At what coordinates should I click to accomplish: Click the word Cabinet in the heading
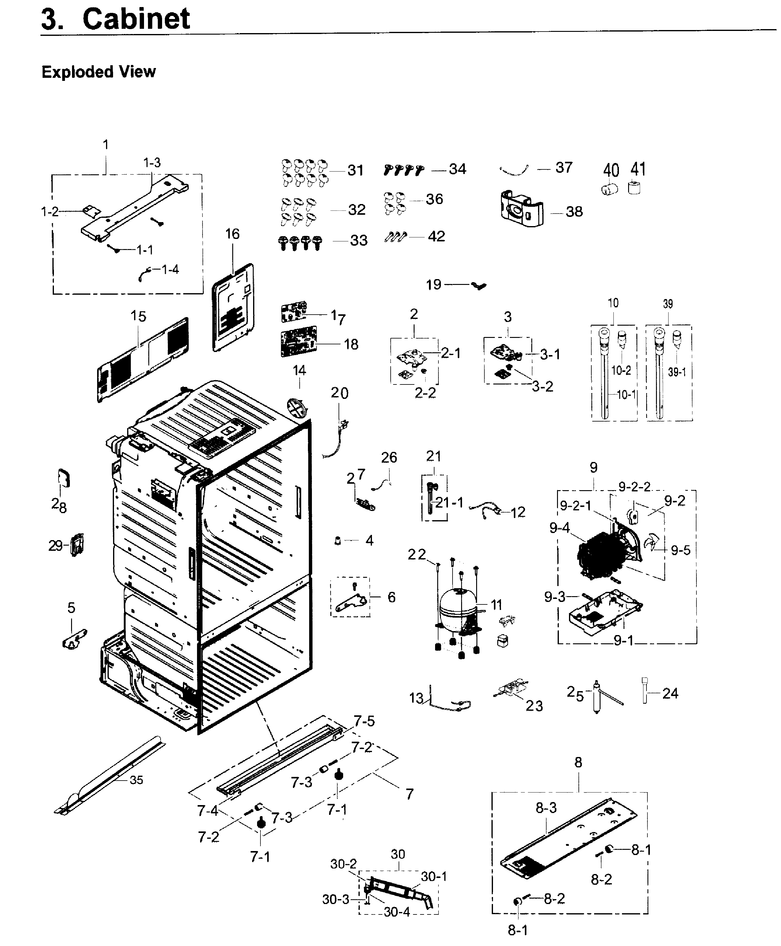coord(136,19)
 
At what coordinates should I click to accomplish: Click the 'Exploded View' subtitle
coord(99,72)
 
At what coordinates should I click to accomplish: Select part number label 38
coord(574,212)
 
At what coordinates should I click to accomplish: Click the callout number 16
coord(232,234)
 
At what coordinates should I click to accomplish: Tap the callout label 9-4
coord(559,528)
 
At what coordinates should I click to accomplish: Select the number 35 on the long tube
coord(136,780)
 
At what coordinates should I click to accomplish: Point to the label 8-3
coord(546,808)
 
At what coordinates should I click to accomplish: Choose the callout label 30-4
coord(396,912)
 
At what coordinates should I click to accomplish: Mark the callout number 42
coord(436,236)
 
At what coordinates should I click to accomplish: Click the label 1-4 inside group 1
coord(170,270)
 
